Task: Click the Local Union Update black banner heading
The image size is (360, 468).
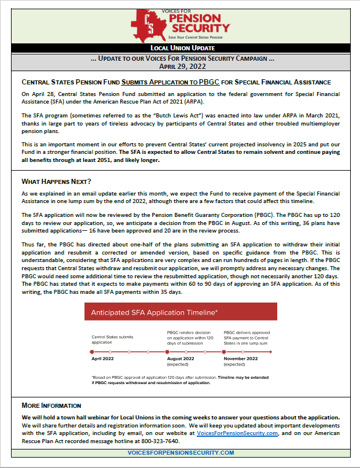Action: (179, 48)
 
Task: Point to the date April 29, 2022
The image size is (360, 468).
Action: (179, 67)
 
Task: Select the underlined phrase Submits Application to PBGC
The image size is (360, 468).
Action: (167, 82)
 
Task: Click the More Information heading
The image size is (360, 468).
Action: (51, 406)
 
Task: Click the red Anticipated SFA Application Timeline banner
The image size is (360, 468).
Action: (180, 313)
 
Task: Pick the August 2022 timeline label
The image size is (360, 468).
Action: (181, 359)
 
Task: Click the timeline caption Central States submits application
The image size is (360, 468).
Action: (112, 339)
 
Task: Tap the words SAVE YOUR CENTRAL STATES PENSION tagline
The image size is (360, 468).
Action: (192, 37)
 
